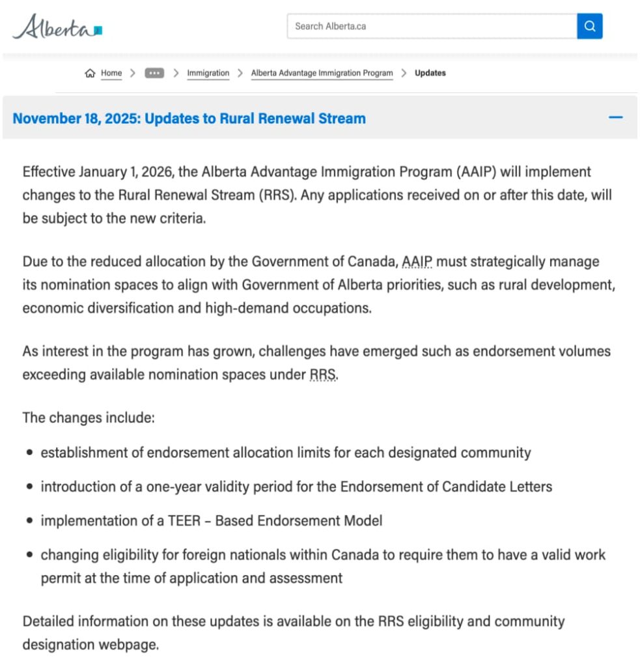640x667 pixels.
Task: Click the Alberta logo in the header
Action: point(57,27)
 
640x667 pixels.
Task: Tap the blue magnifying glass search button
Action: point(590,27)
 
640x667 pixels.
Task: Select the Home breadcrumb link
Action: point(111,73)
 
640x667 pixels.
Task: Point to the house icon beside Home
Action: point(90,73)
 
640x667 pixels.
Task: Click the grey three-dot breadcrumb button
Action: point(154,73)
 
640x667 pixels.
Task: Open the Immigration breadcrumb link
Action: point(208,73)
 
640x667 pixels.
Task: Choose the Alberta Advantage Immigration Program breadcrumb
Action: point(322,73)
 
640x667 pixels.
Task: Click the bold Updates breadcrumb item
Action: point(430,73)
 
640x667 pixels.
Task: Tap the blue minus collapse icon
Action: point(615,118)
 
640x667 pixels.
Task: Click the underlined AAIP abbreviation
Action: point(417,262)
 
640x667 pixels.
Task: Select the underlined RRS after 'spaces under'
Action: point(323,375)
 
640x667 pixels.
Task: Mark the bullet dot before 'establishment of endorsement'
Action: point(30,452)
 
